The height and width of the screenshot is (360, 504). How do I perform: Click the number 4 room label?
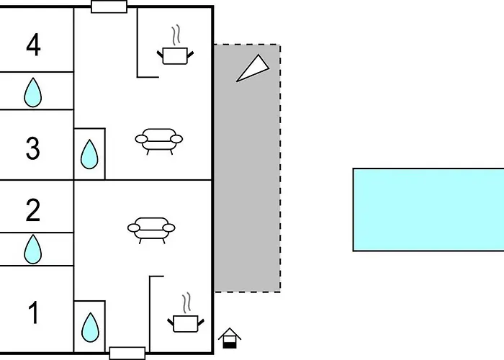tap(33, 45)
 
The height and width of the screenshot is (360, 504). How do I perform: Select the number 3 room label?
tap(33, 148)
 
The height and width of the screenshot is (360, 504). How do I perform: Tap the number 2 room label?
tap(33, 210)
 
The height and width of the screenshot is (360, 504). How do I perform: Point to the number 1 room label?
tap(34, 312)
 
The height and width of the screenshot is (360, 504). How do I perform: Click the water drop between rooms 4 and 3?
tap(33, 93)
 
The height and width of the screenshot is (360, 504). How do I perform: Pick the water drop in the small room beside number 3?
tap(89, 154)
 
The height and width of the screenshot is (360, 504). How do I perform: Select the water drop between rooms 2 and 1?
tap(33, 249)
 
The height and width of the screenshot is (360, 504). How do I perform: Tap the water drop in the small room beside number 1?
tap(90, 327)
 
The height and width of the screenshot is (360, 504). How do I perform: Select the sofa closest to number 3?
tap(159, 141)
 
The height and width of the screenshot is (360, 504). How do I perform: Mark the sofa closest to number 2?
tap(151, 230)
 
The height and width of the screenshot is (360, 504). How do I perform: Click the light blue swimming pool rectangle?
tap(428, 210)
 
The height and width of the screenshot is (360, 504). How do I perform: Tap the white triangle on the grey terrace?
tap(253, 69)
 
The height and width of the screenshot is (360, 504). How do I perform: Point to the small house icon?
tap(230, 338)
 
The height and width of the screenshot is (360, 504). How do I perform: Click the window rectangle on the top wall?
tap(109, 6)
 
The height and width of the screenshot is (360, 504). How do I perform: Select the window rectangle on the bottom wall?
tap(127, 354)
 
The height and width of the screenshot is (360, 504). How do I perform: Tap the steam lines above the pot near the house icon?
tap(186, 303)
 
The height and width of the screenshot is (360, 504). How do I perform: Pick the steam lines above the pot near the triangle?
tap(176, 35)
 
